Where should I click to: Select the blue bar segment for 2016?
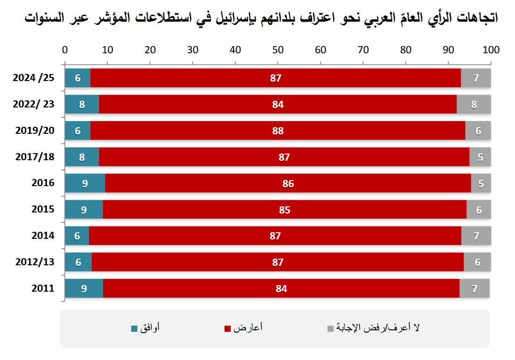[85, 183]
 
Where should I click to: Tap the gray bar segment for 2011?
[474, 288]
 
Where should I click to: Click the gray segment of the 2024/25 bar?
[475, 78]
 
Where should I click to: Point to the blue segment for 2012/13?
[78, 262]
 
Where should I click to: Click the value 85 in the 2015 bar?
[284, 210]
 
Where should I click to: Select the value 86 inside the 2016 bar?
[288, 183]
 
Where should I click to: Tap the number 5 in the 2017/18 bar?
[480, 157]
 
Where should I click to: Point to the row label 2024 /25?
[33, 78]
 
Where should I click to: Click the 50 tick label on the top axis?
[278, 49]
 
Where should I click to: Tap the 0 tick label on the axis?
[65, 49]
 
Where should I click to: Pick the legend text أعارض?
[248, 328]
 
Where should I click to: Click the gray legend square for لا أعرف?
[330, 328]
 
